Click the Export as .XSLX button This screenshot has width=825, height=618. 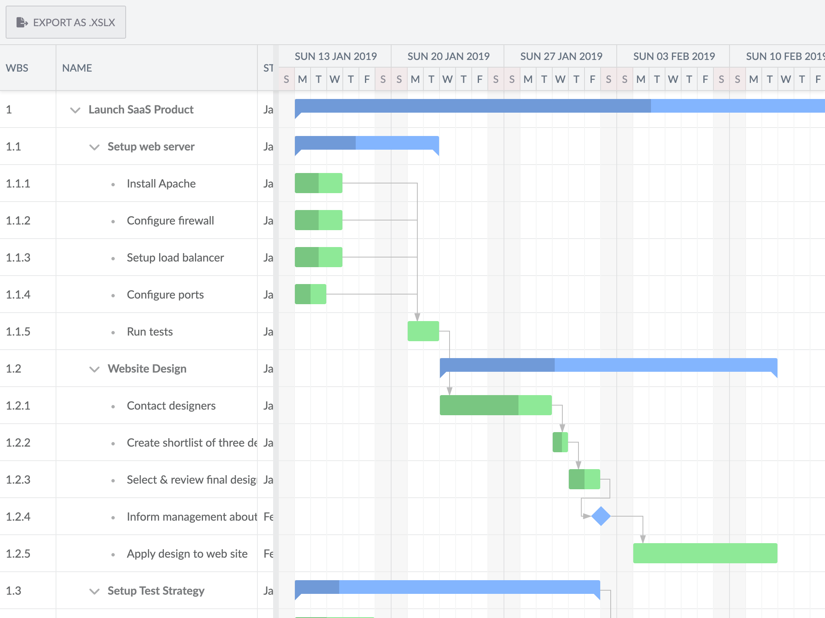pyautogui.click(x=66, y=23)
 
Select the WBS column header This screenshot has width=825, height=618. pyautogui.click(x=17, y=68)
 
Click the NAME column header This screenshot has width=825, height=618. pyautogui.click(x=77, y=68)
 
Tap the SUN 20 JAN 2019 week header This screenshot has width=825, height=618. pyautogui.click(x=448, y=56)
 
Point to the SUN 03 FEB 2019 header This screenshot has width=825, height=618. pyautogui.click(x=674, y=56)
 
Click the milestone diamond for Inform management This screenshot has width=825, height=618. pyautogui.click(x=601, y=516)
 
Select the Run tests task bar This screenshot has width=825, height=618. pyautogui.click(x=423, y=331)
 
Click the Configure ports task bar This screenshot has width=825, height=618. pyautogui.click(x=310, y=294)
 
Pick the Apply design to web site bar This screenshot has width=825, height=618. pyautogui.click(x=705, y=553)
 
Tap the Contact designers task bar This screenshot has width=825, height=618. pyautogui.click(x=495, y=405)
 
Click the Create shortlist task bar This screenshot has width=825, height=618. pyautogui.click(x=560, y=442)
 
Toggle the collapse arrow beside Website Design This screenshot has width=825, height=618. pyautogui.click(x=94, y=369)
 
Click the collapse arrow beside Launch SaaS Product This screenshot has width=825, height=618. pyautogui.click(x=75, y=110)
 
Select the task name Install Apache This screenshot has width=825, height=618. pyautogui.click(x=161, y=183)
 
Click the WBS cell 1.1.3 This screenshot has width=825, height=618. pyautogui.click(x=18, y=257)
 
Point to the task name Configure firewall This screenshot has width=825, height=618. pyautogui.click(x=170, y=220)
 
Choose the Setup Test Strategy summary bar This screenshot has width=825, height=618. pyautogui.click(x=447, y=587)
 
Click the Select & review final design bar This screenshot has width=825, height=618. pyautogui.click(x=584, y=479)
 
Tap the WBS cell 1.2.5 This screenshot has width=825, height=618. pyautogui.click(x=18, y=554)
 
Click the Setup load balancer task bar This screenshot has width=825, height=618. pyautogui.click(x=318, y=257)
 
